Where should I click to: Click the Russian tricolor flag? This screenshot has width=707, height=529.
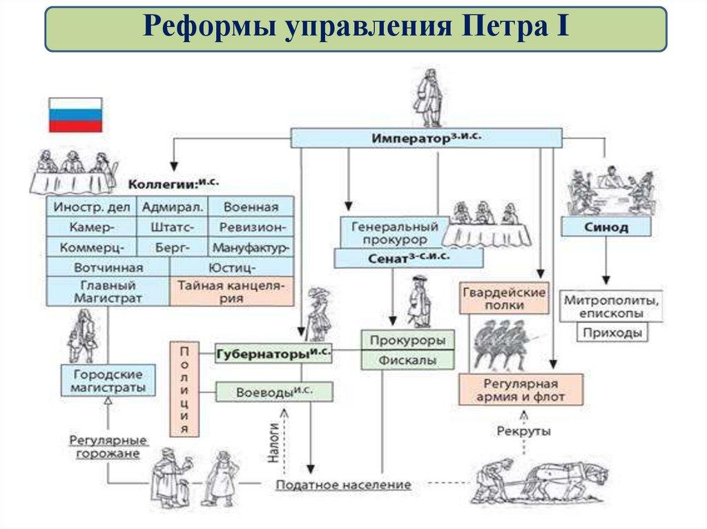tap(75, 114)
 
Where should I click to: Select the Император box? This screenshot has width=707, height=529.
tap(426, 138)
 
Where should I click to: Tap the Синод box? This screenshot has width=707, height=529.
tap(605, 227)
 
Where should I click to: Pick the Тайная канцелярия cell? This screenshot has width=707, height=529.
tap(231, 291)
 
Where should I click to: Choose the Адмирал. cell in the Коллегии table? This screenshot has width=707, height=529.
tap(172, 207)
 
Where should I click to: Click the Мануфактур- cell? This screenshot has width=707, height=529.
tap(250, 246)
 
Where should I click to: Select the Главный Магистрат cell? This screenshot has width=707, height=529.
tap(108, 291)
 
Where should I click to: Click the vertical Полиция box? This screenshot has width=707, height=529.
tap(184, 389)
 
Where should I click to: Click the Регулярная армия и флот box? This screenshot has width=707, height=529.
tap(521, 390)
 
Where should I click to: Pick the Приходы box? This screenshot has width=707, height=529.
tap(612, 332)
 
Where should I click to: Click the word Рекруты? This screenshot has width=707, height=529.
tap(523, 431)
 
